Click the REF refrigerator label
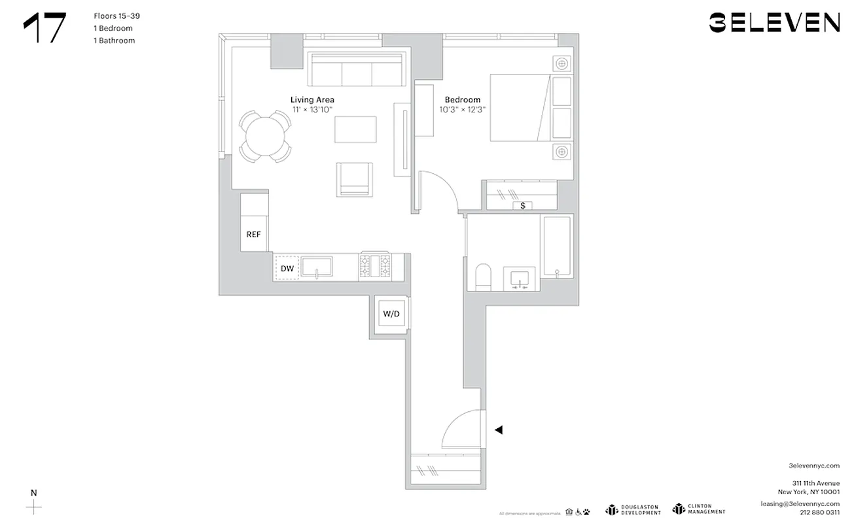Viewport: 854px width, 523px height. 254,234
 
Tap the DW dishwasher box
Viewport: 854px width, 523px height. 287,269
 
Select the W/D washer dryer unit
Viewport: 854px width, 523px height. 391,314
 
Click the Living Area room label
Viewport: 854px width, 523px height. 312,99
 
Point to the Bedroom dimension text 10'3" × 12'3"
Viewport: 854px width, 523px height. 463,110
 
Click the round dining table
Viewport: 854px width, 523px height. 265,136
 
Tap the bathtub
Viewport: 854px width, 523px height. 556,247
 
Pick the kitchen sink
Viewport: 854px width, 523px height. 317,267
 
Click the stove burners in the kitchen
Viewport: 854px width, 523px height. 375,266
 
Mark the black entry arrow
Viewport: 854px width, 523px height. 499,430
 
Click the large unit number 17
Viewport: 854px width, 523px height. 44,28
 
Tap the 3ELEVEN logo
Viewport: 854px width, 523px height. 774,23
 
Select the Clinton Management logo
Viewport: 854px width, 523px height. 699,509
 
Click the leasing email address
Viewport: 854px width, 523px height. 800,504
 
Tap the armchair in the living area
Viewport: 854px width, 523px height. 354,178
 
